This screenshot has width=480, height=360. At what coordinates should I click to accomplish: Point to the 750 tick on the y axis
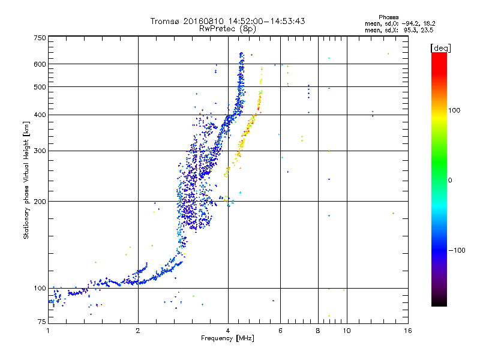40,38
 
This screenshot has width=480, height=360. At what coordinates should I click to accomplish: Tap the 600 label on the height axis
40,64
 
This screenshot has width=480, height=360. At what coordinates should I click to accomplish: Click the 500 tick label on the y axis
40,87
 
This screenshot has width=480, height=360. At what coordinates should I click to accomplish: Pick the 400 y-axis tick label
40,115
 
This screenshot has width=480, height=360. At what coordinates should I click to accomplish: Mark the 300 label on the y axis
40,151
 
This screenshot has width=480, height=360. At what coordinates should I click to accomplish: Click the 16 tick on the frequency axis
407,331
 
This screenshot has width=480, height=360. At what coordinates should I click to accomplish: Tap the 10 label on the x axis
346,331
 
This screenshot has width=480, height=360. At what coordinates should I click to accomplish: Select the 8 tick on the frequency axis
317,331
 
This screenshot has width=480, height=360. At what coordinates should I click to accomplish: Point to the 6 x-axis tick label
280,331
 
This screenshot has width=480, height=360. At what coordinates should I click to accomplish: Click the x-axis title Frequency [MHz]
227,339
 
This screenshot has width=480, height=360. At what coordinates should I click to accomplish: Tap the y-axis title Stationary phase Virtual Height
26,180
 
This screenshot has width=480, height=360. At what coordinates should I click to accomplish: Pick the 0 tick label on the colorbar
451,180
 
